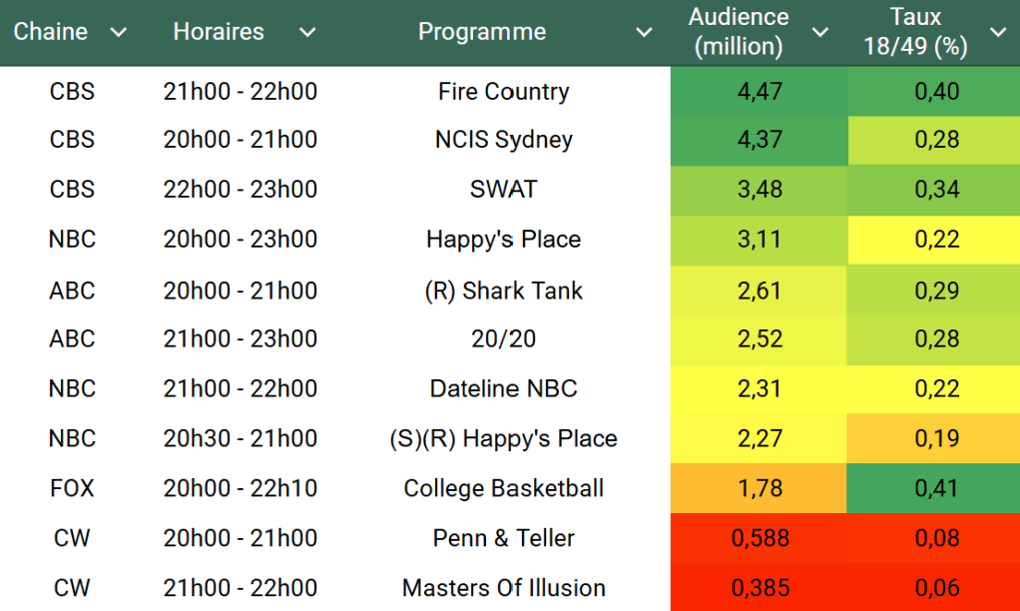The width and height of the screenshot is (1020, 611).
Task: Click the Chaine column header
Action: (51, 32)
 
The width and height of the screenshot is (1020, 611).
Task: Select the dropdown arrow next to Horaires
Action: (307, 33)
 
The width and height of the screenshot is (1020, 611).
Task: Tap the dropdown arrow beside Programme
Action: (645, 33)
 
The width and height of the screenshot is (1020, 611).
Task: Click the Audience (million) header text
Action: (739, 32)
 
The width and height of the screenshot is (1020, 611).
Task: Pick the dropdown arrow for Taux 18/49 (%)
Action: (998, 33)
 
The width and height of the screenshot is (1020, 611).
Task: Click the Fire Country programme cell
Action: (503, 92)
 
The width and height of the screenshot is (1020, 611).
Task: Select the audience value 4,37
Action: (760, 140)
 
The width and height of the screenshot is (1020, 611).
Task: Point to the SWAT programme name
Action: (503, 190)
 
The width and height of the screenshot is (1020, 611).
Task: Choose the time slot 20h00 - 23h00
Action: (241, 240)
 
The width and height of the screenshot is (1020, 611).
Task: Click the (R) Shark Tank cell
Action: (503, 291)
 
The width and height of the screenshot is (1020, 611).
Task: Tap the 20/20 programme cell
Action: (503, 339)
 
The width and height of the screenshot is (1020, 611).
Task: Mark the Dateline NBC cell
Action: (503, 388)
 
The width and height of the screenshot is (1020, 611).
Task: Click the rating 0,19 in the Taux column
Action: (937, 438)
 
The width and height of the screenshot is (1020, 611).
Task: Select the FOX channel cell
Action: (72, 488)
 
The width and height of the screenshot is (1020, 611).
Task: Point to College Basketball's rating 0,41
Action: (937, 488)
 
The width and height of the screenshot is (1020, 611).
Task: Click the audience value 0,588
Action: (760, 538)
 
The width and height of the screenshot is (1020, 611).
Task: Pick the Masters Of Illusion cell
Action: (503, 588)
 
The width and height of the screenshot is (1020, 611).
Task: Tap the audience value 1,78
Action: (760, 488)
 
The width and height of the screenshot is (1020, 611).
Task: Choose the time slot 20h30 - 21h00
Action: (241, 438)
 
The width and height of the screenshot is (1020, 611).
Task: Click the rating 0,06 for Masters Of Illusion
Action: (937, 588)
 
